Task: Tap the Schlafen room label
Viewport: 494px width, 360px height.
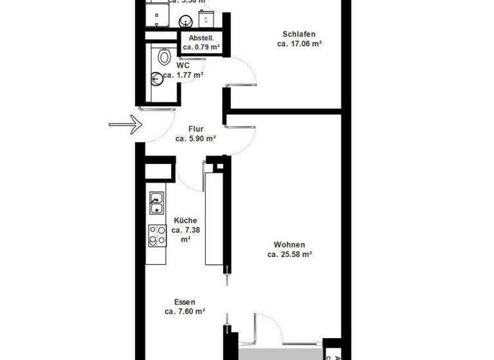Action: click(x=299, y=35)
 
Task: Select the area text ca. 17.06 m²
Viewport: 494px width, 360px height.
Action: click(x=299, y=44)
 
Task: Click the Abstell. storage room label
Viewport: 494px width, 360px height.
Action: click(x=201, y=38)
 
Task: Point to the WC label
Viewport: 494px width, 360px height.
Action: click(x=183, y=65)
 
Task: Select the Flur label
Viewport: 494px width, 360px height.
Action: click(x=196, y=129)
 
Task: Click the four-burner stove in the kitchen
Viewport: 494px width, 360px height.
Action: click(x=157, y=235)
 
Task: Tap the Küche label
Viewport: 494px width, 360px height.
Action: click(x=185, y=221)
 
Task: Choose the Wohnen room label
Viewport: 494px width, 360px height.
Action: click(x=289, y=245)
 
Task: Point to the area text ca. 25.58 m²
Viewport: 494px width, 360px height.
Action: click(x=289, y=255)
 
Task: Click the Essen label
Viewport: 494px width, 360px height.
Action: click(x=185, y=302)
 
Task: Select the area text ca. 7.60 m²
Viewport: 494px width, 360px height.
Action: click(x=185, y=312)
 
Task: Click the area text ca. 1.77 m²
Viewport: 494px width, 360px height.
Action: click(x=183, y=75)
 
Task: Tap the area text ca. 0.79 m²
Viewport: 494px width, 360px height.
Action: click(x=202, y=47)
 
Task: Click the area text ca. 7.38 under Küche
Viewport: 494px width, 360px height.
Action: click(x=185, y=230)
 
